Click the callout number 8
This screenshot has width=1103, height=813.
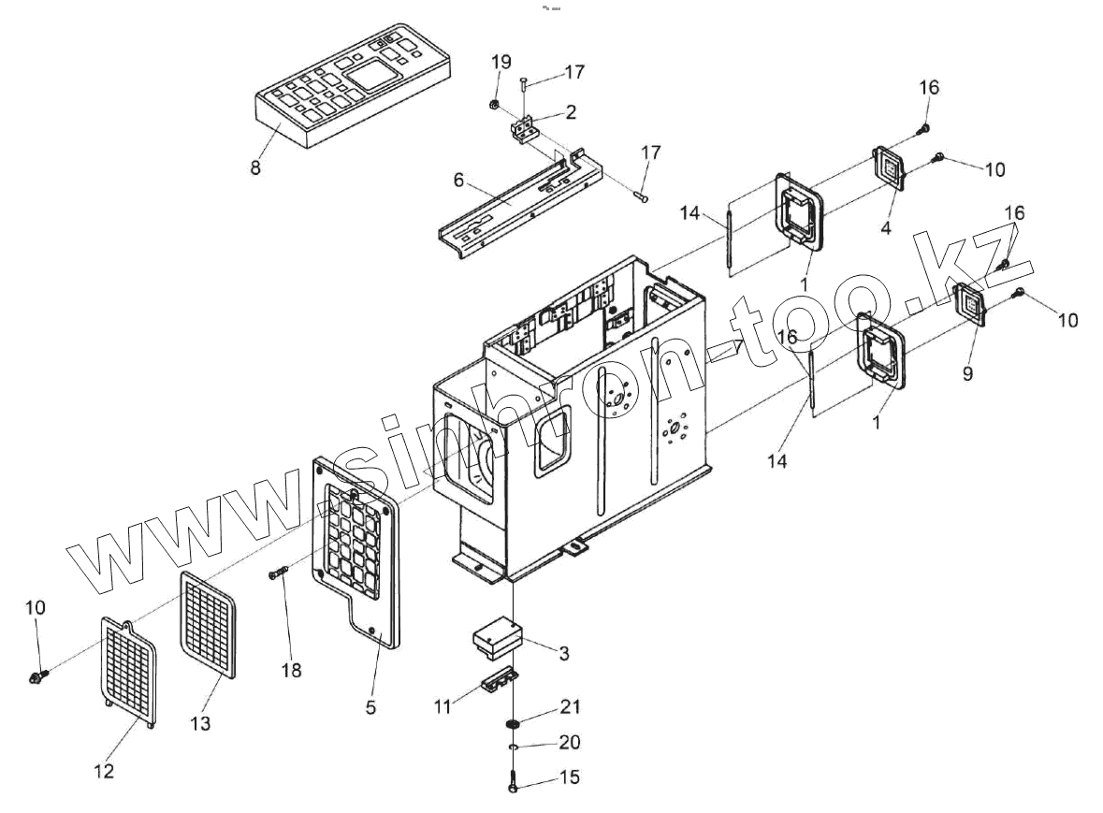255,168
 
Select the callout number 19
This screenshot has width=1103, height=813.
501,63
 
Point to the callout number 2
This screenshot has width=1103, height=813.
570,112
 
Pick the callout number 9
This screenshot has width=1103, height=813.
967,373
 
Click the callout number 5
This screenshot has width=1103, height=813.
370,707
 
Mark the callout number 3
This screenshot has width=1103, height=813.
563,654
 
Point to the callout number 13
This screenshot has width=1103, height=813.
200,723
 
